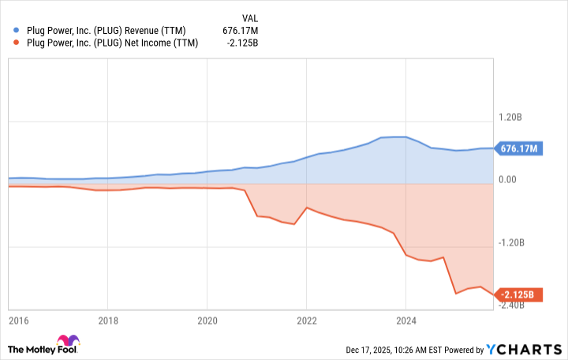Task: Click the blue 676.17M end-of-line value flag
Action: [518, 148]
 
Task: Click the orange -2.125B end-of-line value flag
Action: [518, 295]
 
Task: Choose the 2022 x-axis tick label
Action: [306, 321]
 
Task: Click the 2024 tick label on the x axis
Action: [405, 321]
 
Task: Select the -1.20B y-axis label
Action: [510, 243]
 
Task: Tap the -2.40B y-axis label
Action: [510, 306]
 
